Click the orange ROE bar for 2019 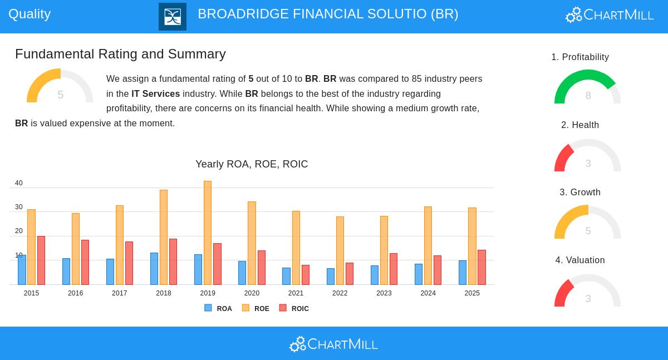(208, 233)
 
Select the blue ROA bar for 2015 (22, 270)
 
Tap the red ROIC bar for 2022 (350, 274)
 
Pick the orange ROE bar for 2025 (472, 246)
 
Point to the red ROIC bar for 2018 (173, 262)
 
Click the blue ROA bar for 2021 (286, 276)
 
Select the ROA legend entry (218, 308)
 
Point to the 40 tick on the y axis (19, 183)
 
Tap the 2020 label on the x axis (252, 293)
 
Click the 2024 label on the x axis (428, 293)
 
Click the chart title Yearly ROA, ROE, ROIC (252, 164)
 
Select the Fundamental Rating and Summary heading (120, 54)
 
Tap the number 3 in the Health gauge (588, 164)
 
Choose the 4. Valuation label (580, 260)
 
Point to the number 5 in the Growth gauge (588, 231)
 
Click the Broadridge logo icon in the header (173, 17)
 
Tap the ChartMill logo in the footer (333, 344)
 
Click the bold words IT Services (155, 94)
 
